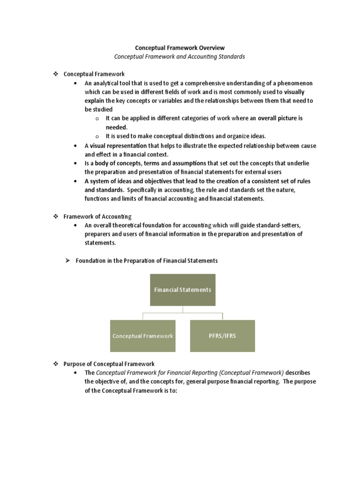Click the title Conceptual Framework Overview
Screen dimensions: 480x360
point(180,48)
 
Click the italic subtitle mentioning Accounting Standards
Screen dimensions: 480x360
point(180,57)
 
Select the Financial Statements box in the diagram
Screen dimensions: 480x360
point(183,290)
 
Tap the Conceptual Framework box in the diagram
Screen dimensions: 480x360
point(143,336)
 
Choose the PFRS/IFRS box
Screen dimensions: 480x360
point(223,336)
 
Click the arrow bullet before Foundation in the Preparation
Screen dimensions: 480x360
point(67,261)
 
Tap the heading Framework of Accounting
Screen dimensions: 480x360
point(97,217)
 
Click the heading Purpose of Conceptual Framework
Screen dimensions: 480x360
point(109,364)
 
